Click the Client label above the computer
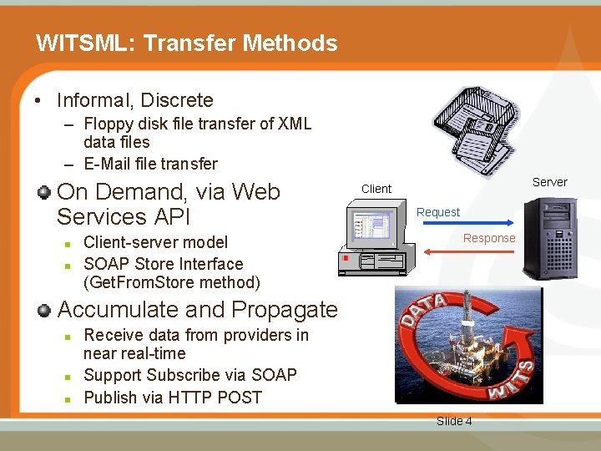[x=376, y=189]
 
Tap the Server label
[x=549, y=182]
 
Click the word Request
[x=438, y=212]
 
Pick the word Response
[x=489, y=238]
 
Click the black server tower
[x=549, y=238]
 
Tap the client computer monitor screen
[x=371, y=227]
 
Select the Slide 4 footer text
[x=454, y=421]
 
